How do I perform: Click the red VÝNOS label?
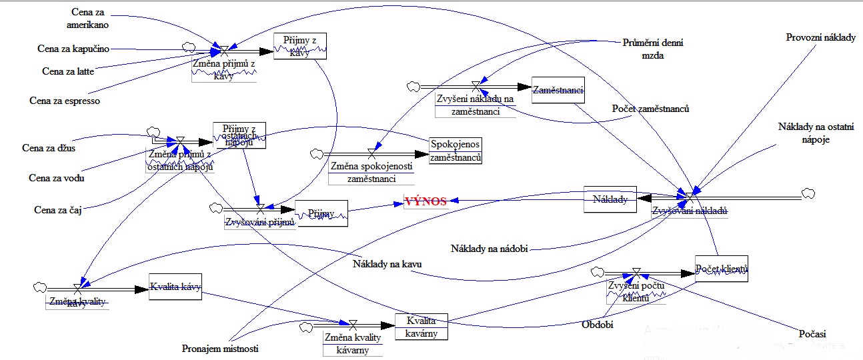(x=425, y=201)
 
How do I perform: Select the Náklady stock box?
(x=610, y=199)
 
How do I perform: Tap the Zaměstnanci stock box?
(x=558, y=90)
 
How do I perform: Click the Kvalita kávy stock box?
(x=175, y=287)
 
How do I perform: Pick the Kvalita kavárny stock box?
(x=421, y=327)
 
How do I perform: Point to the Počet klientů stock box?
(x=721, y=269)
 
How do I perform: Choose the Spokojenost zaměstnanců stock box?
(x=456, y=151)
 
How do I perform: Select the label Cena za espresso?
(x=64, y=101)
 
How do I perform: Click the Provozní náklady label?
(x=820, y=38)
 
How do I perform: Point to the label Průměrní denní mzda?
(x=652, y=48)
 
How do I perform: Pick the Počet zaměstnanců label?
(x=650, y=109)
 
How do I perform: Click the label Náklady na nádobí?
(x=490, y=249)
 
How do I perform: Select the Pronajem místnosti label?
(x=219, y=349)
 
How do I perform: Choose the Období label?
(x=597, y=325)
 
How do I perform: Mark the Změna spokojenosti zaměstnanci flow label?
(x=371, y=172)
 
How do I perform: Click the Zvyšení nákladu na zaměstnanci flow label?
(x=476, y=105)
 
